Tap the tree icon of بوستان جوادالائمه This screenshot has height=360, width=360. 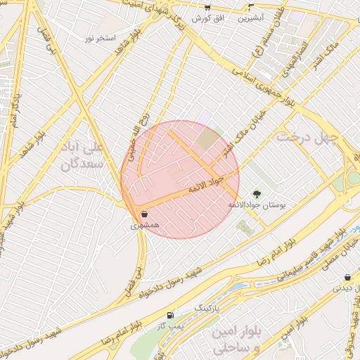tap(256, 193)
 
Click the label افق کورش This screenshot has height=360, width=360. tap(209, 16)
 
